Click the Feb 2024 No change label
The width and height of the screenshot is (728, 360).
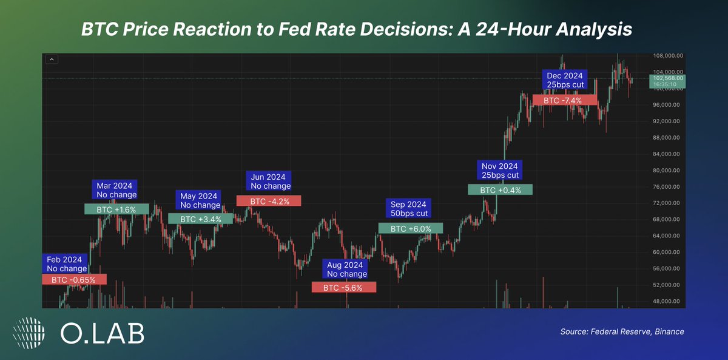(67, 264)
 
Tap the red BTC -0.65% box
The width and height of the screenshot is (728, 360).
(74, 279)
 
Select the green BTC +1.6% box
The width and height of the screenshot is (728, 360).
(116, 209)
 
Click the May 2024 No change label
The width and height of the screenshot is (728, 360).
(199, 200)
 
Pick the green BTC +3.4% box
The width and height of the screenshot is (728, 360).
(200, 219)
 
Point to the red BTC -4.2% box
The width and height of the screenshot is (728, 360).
(268, 200)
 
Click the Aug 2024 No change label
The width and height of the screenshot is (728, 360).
(346, 270)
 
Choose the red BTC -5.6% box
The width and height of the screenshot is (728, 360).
(343, 287)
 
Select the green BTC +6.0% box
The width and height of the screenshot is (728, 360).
(411, 228)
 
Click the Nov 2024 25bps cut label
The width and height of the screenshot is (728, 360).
(500, 171)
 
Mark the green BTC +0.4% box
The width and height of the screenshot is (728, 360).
(500, 189)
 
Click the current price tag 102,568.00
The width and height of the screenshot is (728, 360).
(667, 81)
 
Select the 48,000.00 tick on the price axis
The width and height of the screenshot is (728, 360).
(668, 301)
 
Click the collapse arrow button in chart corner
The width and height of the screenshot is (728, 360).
(51, 59)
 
